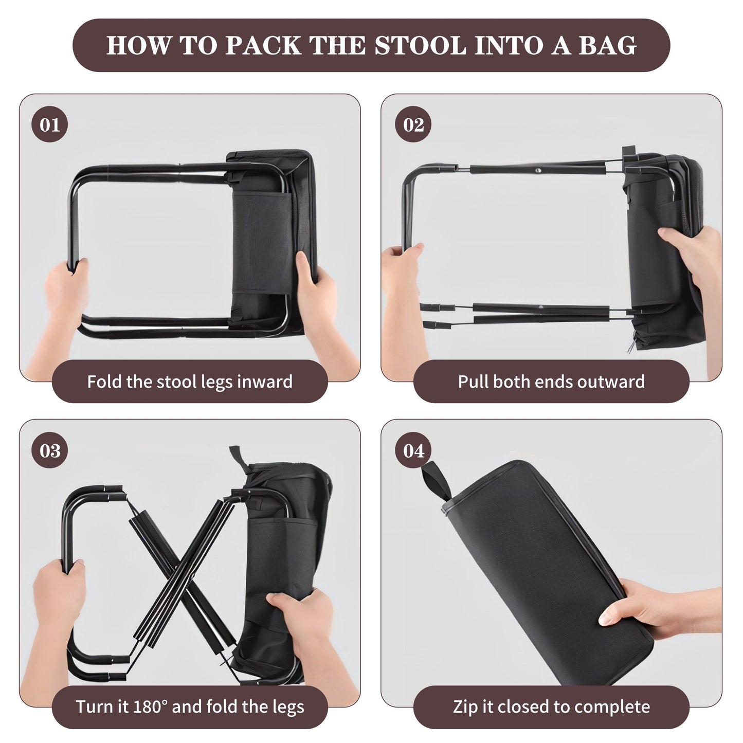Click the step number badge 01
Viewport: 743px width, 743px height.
(49, 124)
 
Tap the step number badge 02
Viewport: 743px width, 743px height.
(413, 124)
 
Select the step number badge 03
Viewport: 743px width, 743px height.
(49, 450)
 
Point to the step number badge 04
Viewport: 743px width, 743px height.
(413, 450)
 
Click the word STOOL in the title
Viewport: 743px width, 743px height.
(420, 45)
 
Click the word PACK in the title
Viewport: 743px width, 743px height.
(263, 45)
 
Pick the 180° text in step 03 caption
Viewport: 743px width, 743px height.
(151, 707)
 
